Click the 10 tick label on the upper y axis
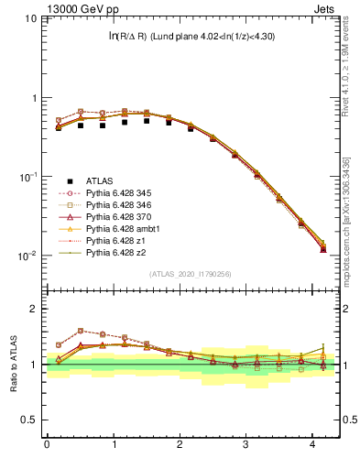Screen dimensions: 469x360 coord(28,18)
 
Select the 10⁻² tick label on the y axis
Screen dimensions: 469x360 coord(27,256)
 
